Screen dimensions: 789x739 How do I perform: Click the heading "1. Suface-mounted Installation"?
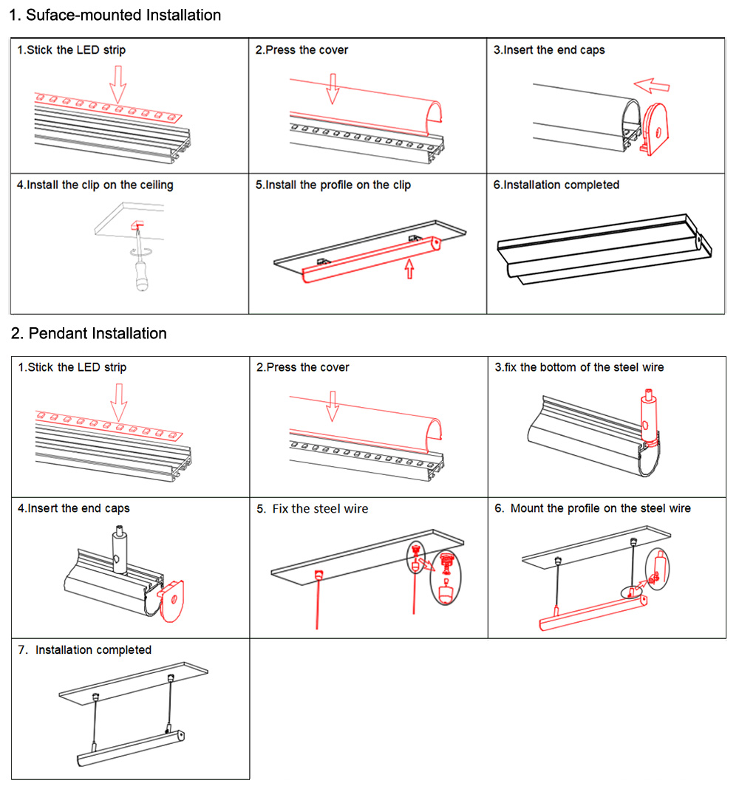coord(115,15)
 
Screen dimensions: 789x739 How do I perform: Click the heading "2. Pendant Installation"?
coord(89,333)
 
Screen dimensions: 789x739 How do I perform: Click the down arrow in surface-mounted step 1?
coord(118,82)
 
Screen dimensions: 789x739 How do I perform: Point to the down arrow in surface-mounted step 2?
coord(333,88)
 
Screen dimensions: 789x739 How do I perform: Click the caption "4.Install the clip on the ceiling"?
coord(95,185)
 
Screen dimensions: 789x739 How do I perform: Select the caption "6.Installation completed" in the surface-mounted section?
coord(556,185)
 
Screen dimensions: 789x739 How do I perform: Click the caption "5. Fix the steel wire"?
coord(312,508)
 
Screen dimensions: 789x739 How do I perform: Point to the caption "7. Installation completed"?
coord(85,649)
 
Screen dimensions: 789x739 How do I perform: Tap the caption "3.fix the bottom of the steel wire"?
coord(579,367)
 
